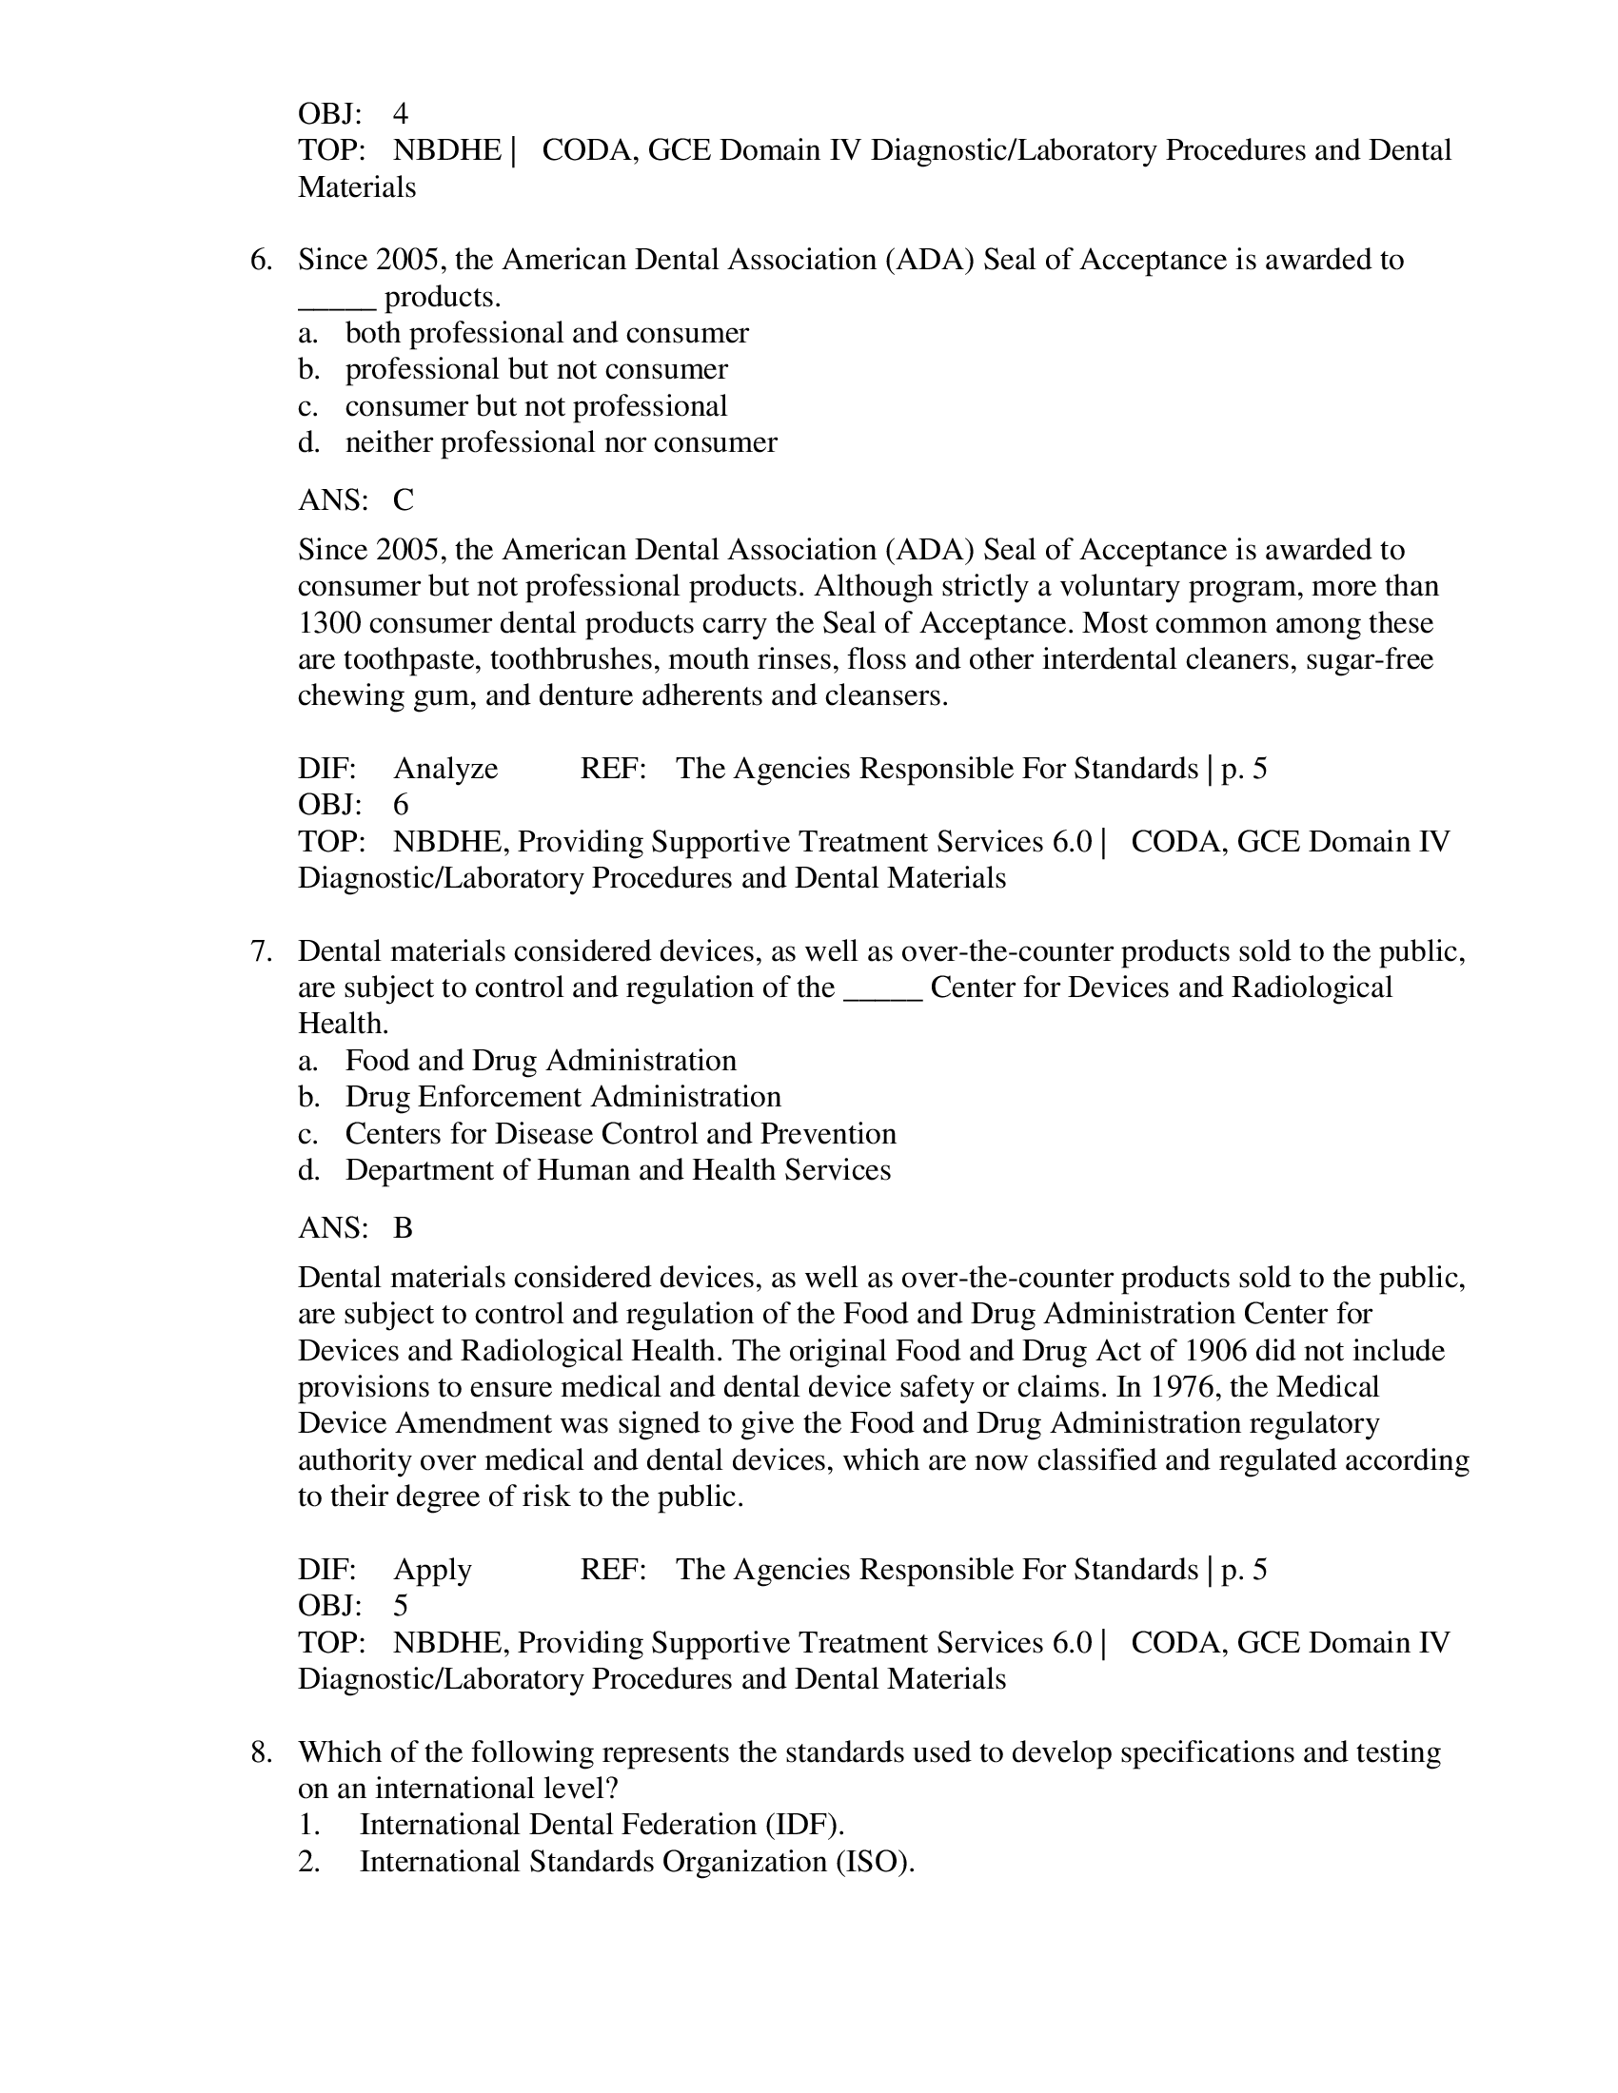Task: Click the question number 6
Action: tap(260, 261)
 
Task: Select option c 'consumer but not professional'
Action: tap(536, 406)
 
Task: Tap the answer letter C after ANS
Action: tap(403, 500)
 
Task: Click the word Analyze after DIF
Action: tap(445, 769)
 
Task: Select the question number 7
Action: tap(260, 951)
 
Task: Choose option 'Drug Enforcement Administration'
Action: tap(562, 1097)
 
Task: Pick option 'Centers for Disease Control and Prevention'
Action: tap(621, 1134)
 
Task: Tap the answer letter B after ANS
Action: tap(403, 1228)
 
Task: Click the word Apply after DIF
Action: tap(432, 1570)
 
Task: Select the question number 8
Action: tap(260, 1752)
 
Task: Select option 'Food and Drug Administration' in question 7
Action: tap(541, 1061)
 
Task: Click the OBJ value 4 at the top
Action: tap(401, 114)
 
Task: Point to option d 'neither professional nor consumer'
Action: tap(561, 442)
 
